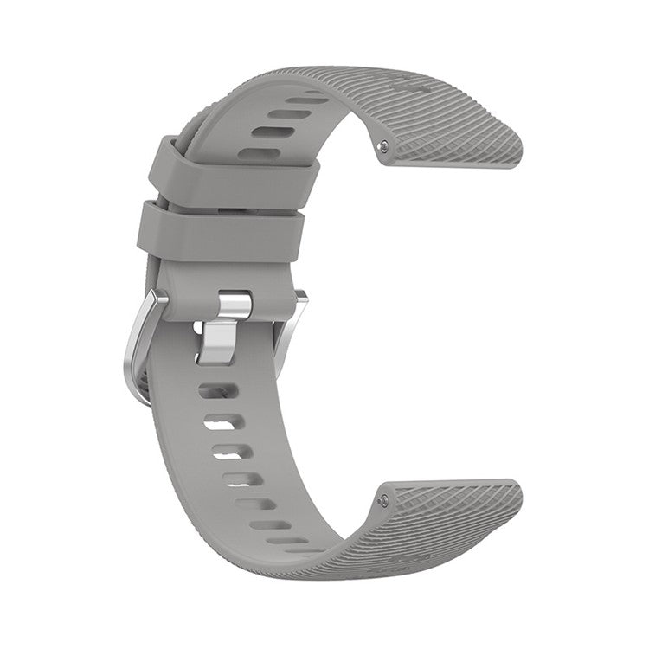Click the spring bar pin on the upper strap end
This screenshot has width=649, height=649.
382,149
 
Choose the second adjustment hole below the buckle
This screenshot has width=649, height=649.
222,423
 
